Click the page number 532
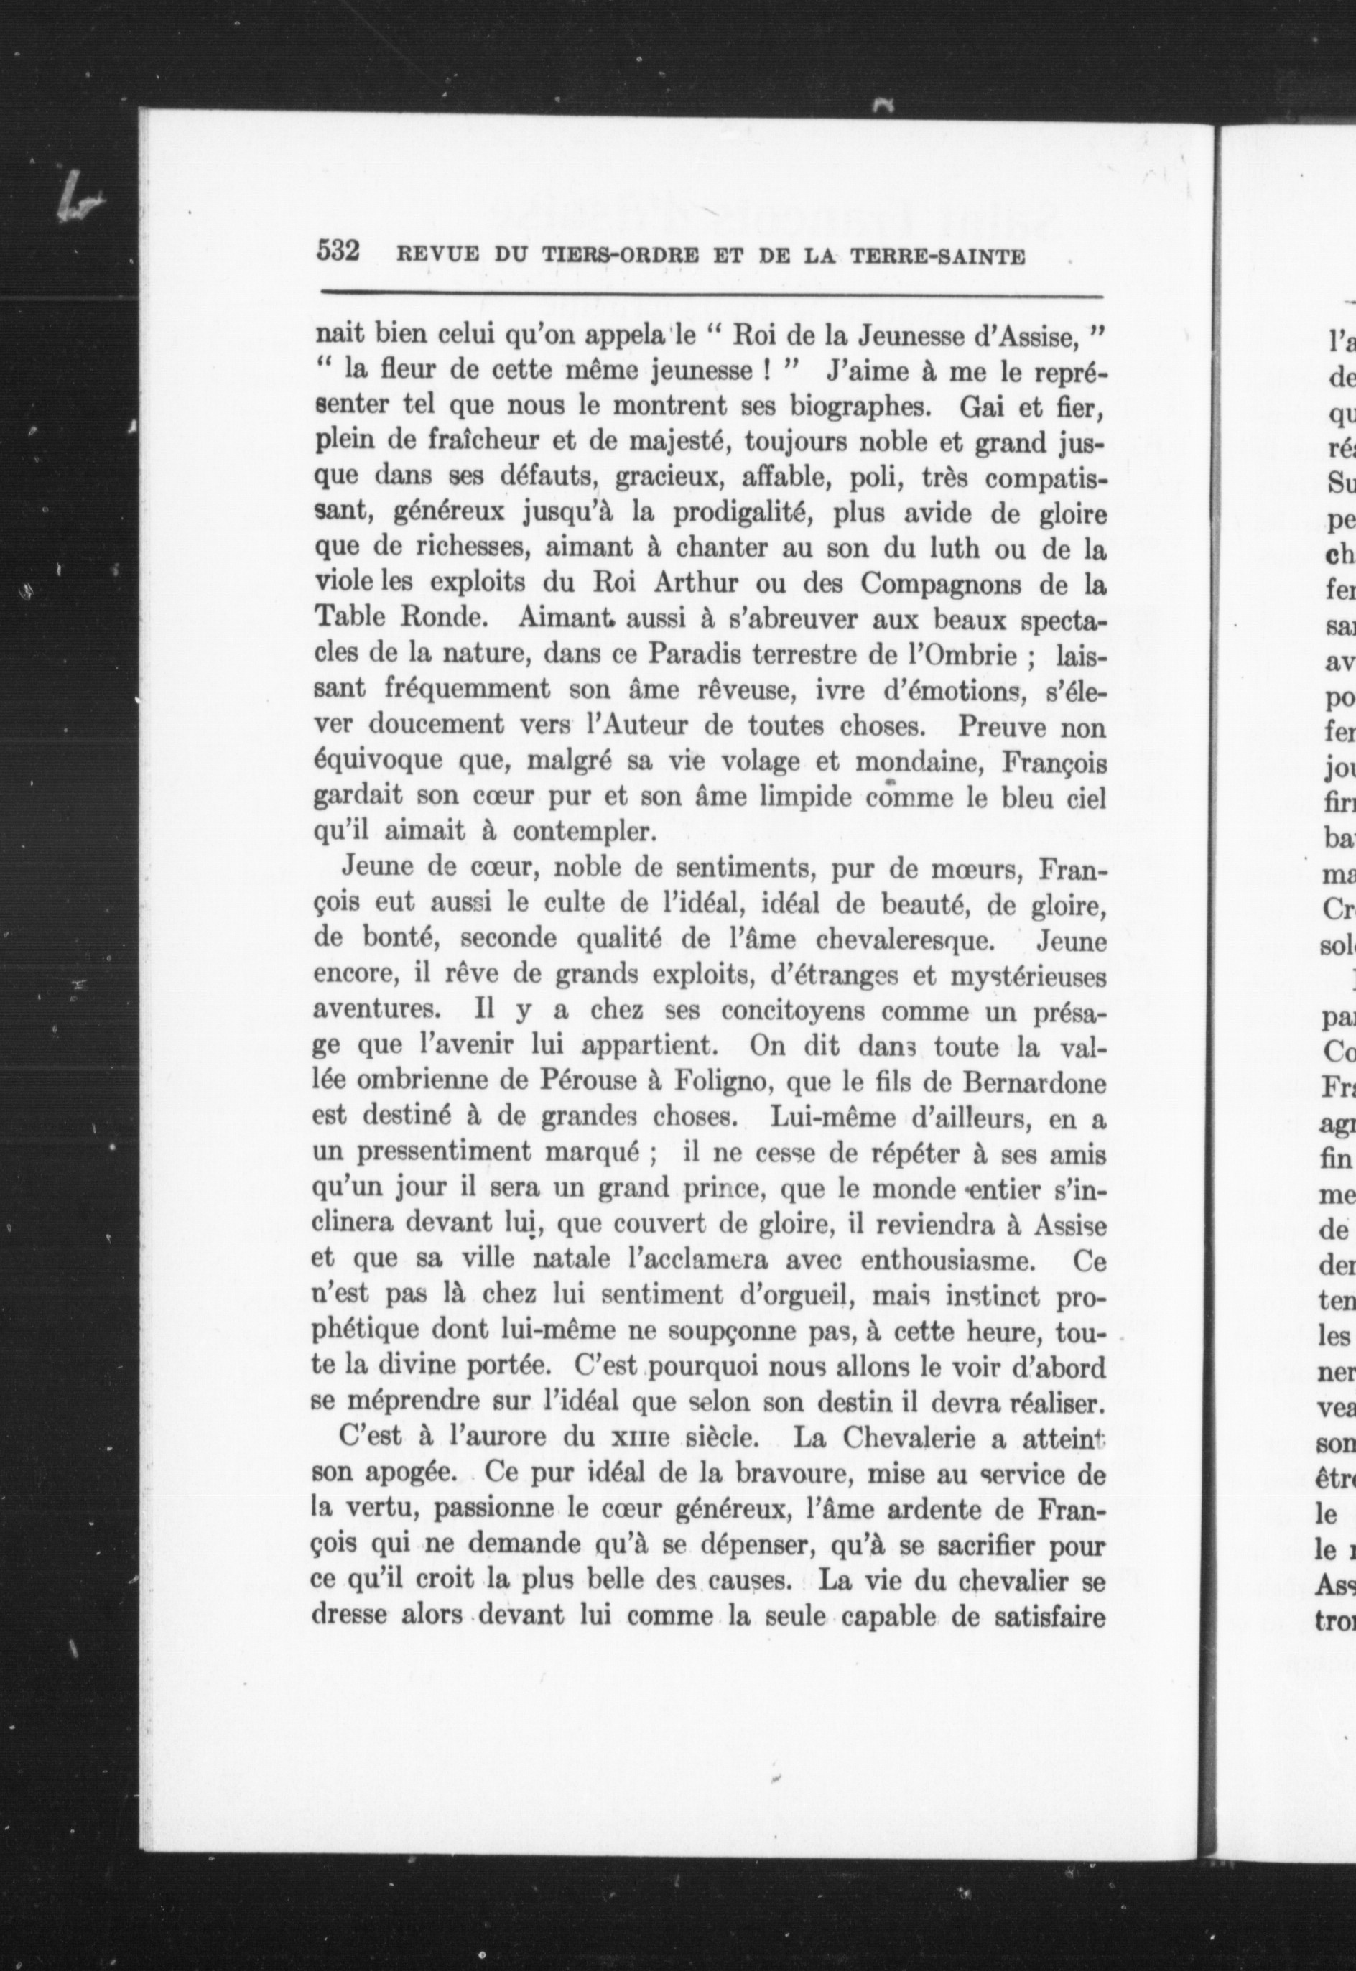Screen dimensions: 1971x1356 click(339, 251)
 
